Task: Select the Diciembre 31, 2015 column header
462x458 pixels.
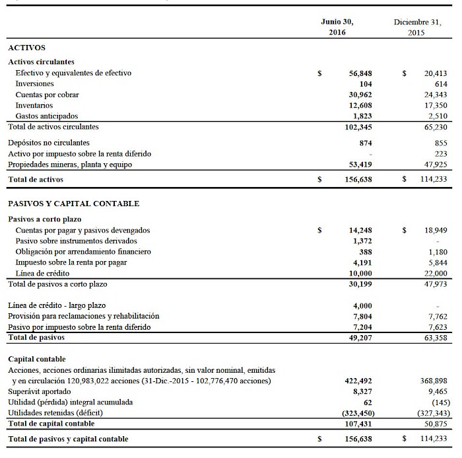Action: [417, 26]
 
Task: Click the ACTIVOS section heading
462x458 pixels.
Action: [26, 48]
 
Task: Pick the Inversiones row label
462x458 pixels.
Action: [34, 84]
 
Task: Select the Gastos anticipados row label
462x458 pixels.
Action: [46, 116]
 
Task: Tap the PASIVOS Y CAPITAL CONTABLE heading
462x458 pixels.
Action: [73, 204]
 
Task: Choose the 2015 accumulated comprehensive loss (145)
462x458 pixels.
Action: [438, 402]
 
